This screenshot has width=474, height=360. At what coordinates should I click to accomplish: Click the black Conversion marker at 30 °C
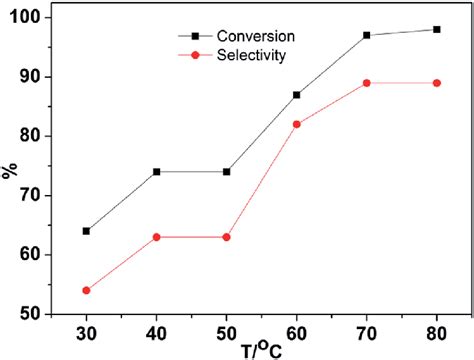tap(86, 231)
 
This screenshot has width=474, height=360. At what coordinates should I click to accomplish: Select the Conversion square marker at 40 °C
tap(156, 172)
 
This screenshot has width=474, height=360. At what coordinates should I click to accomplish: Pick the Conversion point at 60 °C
tap(297, 95)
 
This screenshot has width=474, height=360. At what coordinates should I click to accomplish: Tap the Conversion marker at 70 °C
tap(367, 35)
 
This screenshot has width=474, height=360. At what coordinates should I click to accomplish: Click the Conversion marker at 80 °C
tap(437, 29)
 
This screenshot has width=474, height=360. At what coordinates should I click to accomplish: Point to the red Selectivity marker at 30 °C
tap(86, 290)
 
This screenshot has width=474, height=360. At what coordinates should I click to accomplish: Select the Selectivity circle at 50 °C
tap(226, 237)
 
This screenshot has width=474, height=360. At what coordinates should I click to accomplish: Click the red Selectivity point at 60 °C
tap(297, 124)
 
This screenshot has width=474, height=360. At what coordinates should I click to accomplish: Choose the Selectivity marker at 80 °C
tap(437, 83)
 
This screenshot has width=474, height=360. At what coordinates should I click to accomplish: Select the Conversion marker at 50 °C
tap(226, 172)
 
